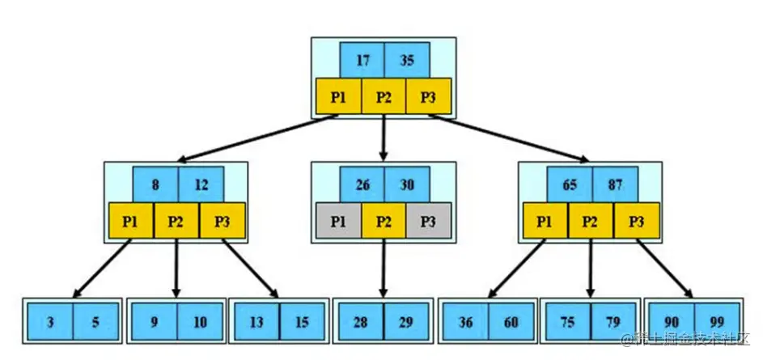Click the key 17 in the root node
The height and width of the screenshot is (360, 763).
tap(362, 59)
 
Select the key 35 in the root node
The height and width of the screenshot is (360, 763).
tap(407, 59)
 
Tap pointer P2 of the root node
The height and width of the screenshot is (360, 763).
tap(384, 96)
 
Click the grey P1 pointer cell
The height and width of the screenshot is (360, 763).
tap(338, 221)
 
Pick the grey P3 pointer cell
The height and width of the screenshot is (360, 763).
tap(428, 221)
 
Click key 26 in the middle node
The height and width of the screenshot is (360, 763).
tap(362, 184)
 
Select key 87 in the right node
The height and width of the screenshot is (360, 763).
tap(615, 184)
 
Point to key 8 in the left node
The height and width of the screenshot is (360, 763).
tap(155, 184)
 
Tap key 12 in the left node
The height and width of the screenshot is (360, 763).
tap(200, 184)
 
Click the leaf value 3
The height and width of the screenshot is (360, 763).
tap(50, 322)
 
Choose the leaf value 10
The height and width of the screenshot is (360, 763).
tap(199, 322)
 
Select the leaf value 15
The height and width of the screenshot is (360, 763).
tap(302, 322)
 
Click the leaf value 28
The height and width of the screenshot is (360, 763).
tap(361, 322)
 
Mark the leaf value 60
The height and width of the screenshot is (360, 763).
tap(511, 322)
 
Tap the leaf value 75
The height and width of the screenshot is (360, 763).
tap(568, 322)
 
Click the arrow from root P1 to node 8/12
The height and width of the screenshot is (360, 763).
tap(259, 138)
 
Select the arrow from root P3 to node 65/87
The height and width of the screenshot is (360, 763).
tap(510, 138)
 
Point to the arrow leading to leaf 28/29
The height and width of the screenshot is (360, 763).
tap(384, 267)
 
